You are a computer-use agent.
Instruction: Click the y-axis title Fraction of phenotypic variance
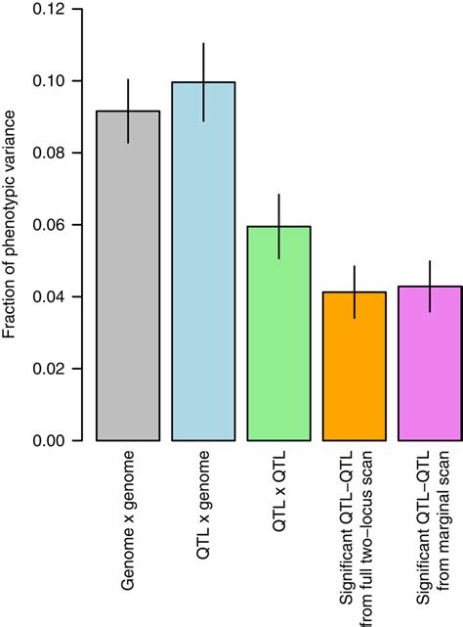point(11,225)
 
